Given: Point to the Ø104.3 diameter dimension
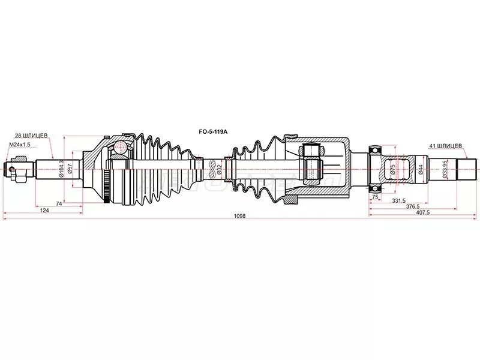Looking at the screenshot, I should pyautogui.click(x=62, y=166).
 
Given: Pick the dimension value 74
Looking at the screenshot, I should pyautogui.click(x=59, y=204).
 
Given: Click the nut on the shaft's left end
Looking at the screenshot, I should pyautogui.click(x=18, y=166).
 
